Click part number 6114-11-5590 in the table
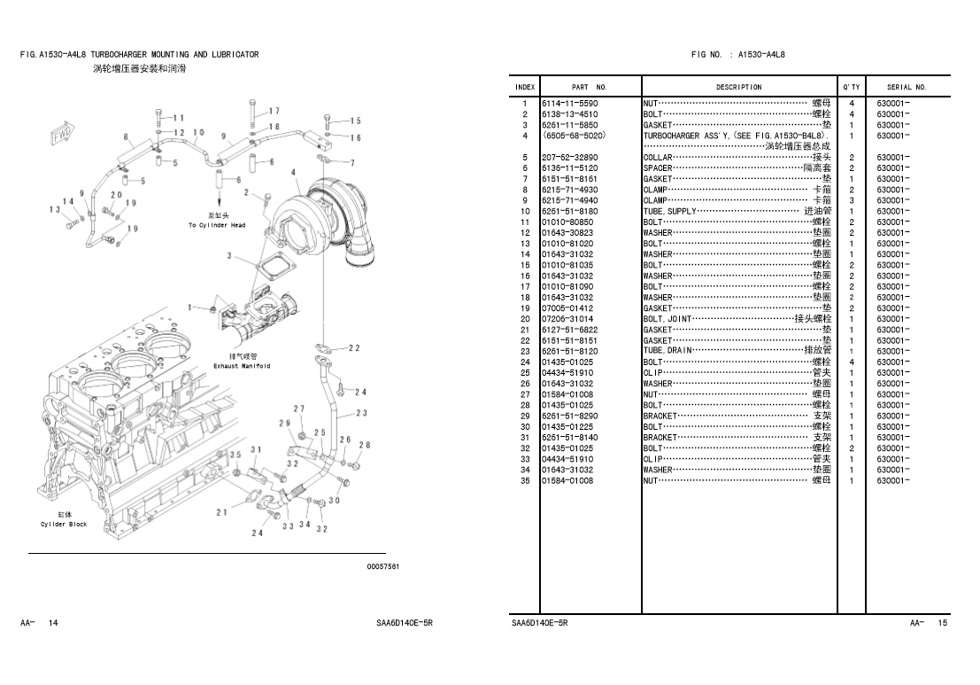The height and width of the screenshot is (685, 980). coord(570,104)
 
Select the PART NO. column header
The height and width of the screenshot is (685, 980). coord(590,88)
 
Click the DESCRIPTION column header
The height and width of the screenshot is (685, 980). coord(738,88)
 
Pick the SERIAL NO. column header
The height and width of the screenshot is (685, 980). coord(907,88)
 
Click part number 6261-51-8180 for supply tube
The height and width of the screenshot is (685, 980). coord(570,211)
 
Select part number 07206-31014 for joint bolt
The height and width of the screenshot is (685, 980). coord(570,319)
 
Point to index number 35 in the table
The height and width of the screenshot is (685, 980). coord(524,480)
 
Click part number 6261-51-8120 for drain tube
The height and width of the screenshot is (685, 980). coord(570,351)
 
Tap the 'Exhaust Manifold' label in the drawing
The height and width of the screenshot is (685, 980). coord(242,366)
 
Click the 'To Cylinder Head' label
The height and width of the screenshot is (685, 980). coord(217,225)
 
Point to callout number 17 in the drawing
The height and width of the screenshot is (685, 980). coord(274,112)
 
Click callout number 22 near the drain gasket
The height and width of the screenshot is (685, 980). coord(354,348)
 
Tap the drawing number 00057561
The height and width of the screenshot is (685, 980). coord(383,567)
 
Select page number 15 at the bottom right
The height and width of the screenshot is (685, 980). coord(943,624)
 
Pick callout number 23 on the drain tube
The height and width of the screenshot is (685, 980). coord(361,413)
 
